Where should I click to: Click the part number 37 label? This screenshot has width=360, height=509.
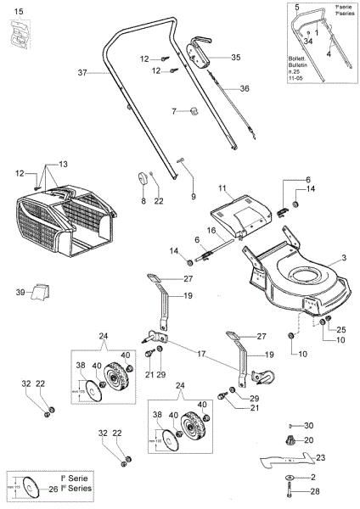(83, 74)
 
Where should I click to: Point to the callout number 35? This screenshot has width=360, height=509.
(235, 57)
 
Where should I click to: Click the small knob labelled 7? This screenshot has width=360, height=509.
(191, 111)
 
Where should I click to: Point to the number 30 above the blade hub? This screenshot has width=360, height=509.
(309, 425)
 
